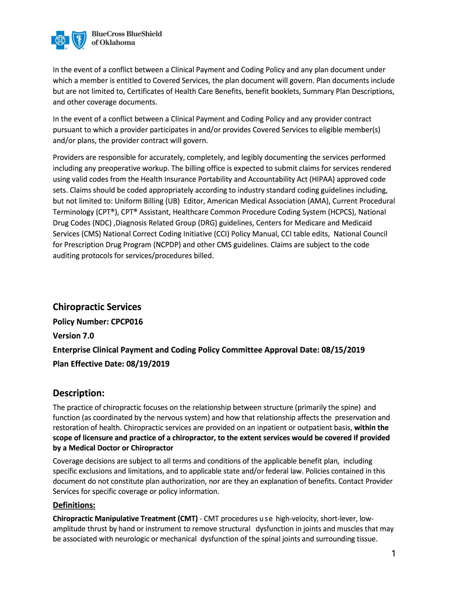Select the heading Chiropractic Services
[97, 307]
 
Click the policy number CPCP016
[122, 322]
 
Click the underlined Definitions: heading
[74, 505]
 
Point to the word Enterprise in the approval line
[73, 350]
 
